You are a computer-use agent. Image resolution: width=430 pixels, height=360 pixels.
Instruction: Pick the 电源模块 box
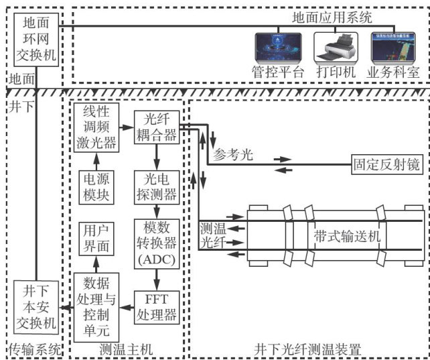[96, 186]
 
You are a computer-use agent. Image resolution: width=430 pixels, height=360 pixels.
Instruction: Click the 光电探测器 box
[156, 186]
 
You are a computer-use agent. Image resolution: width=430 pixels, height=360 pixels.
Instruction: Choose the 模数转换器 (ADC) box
[156, 243]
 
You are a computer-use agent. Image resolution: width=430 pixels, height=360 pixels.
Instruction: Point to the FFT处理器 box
[156, 304]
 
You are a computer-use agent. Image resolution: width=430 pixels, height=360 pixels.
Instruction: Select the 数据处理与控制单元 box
[96, 304]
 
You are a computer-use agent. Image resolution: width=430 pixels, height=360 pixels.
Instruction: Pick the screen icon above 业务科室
[395, 46]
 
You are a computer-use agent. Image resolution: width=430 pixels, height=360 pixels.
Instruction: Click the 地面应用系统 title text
[333, 17]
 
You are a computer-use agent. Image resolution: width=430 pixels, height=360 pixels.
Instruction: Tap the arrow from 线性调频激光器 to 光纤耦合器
[125, 126]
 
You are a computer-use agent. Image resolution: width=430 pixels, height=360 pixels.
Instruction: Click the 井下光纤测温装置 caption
[307, 349]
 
